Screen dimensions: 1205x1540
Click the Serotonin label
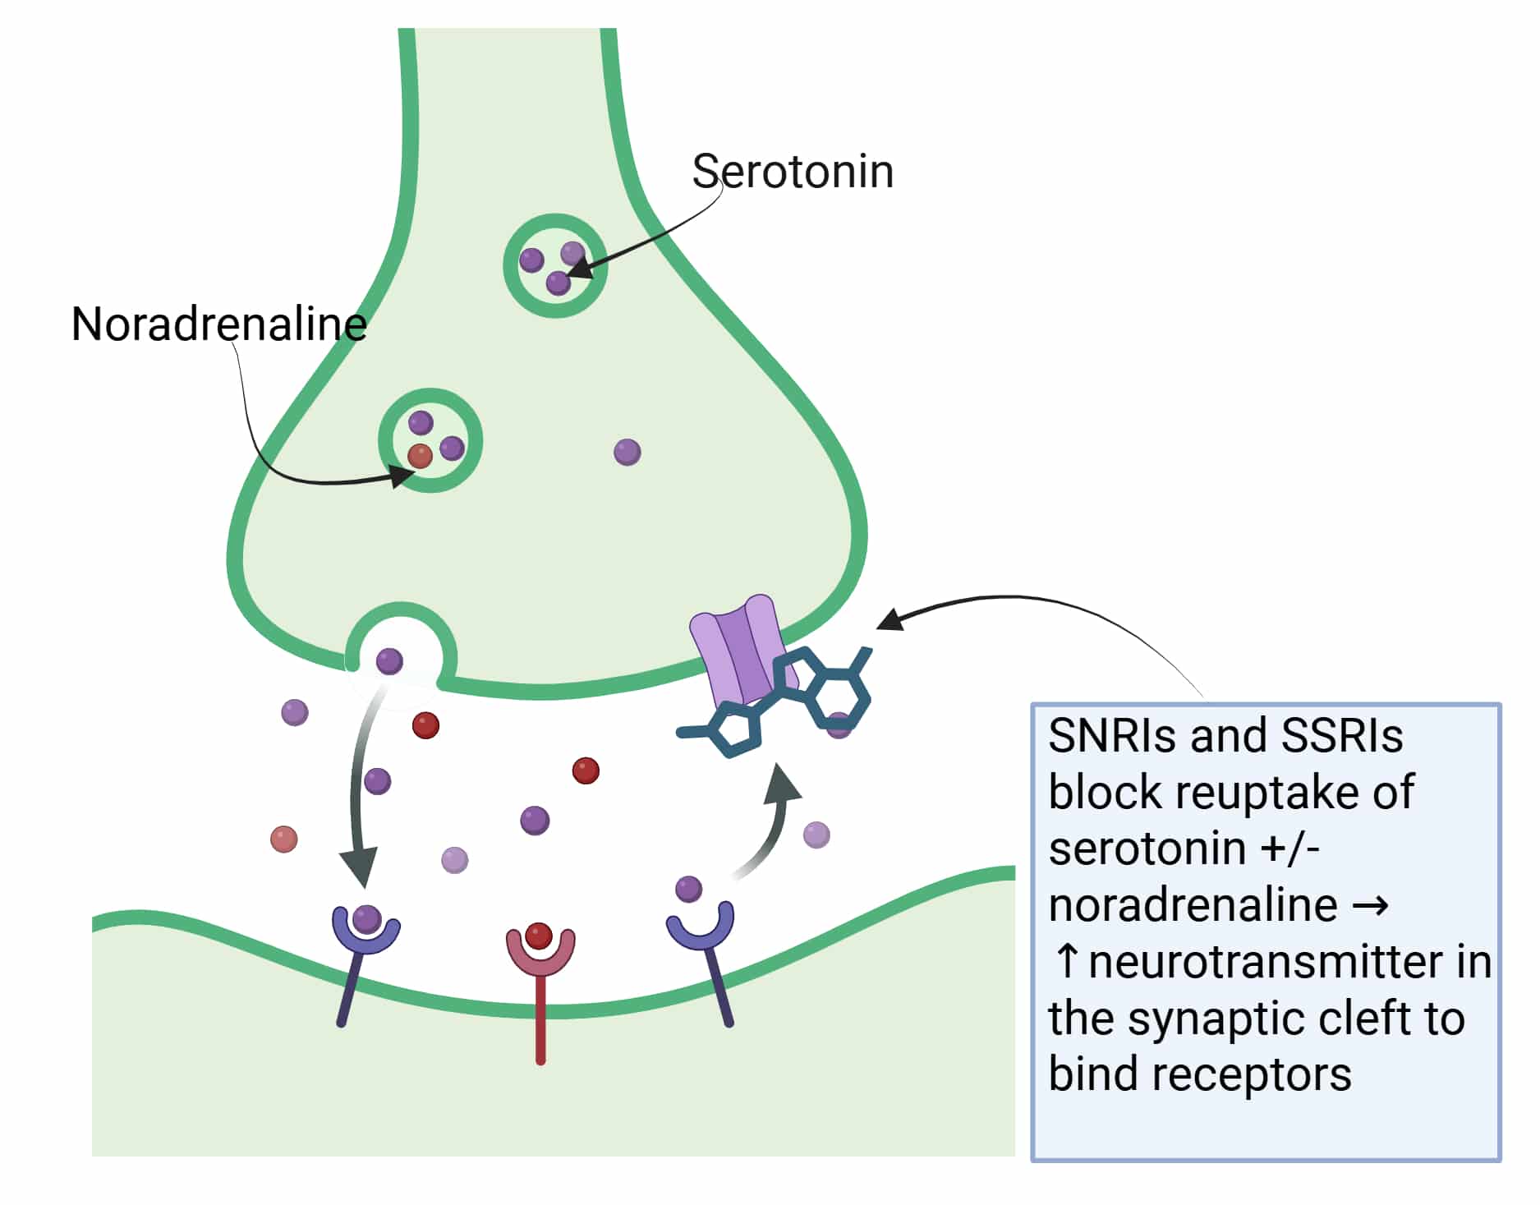(793, 172)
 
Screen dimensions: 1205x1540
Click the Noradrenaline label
(218, 324)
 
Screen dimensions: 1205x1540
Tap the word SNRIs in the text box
(1102, 735)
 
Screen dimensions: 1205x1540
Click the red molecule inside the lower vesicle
(420, 456)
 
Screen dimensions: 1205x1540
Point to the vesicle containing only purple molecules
(555, 265)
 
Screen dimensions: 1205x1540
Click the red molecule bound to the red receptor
(539, 936)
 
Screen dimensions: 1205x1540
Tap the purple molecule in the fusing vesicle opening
(389, 660)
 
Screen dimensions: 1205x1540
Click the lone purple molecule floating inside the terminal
(627, 452)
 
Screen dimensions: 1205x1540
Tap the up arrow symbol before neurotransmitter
(1066, 962)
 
